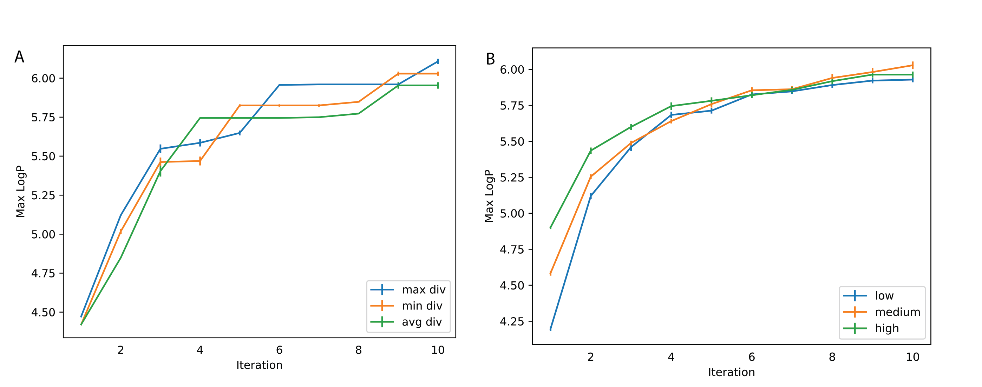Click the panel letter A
pyautogui.click(x=19, y=57)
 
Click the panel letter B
pyautogui.click(x=490, y=59)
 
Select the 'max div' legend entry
pyautogui.click(x=423, y=290)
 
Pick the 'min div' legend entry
pyautogui.click(x=421, y=306)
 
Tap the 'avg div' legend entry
pyautogui.click(x=421, y=322)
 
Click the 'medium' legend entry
pyautogui.click(x=897, y=312)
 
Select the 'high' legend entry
pyautogui.click(x=887, y=329)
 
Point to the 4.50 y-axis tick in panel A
pyautogui.click(x=43, y=312)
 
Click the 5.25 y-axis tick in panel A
pyautogui.click(x=43, y=195)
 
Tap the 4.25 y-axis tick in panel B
pyautogui.click(x=512, y=321)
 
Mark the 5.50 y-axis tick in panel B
pyautogui.click(x=512, y=142)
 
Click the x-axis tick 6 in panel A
pyautogui.click(x=280, y=350)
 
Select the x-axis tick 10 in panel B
pyautogui.click(x=912, y=357)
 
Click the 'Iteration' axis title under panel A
pyautogui.click(x=259, y=365)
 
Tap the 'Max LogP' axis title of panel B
pyautogui.click(x=489, y=196)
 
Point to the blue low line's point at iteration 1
pyautogui.click(x=550, y=329)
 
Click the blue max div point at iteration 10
pyautogui.click(x=438, y=61)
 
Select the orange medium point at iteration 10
pyautogui.click(x=912, y=65)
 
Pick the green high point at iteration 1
pyautogui.click(x=550, y=227)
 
